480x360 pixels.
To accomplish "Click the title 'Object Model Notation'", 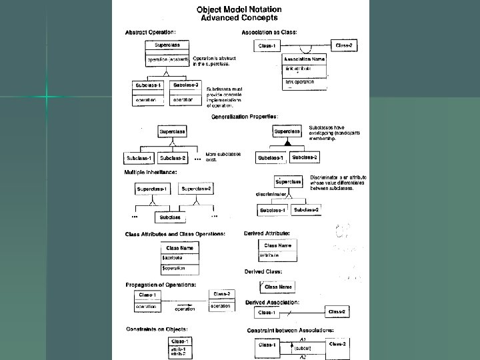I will (239, 9).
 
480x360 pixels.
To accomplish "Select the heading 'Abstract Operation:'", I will (151, 31).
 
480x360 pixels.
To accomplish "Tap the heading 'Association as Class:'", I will (269, 32).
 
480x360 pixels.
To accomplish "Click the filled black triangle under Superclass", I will (289, 143).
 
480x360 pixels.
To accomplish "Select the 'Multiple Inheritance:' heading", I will (151, 172).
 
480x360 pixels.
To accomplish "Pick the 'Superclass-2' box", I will (196, 189).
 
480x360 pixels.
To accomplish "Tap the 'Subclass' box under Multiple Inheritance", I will (169, 217).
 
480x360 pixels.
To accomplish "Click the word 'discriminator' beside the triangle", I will (271, 194).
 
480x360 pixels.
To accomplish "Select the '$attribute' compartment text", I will (172, 257).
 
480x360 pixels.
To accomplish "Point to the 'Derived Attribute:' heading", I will (267, 233).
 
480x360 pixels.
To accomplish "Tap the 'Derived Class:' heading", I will (263, 272).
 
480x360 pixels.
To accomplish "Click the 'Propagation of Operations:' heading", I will (161, 285).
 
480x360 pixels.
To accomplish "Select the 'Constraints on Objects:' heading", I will (157, 329).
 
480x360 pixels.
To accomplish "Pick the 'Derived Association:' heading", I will (272, 302).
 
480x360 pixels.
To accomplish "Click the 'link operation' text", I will (299, 82).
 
